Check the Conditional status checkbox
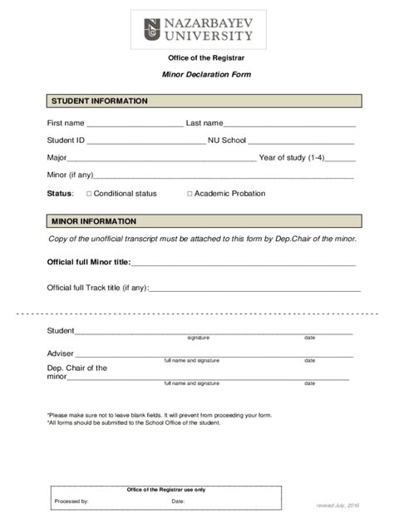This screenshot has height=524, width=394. click(x=89, y=194)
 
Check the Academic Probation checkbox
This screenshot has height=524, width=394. click(x=189, y=194)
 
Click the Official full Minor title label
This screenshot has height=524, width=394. click(x=89, y=262)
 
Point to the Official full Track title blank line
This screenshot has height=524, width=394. click(x=254, y=289)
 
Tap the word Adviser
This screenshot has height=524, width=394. click(x=61, y=353)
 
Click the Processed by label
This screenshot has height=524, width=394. click(x=71, y=502)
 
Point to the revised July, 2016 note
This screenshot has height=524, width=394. click(x=337, y=505)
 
